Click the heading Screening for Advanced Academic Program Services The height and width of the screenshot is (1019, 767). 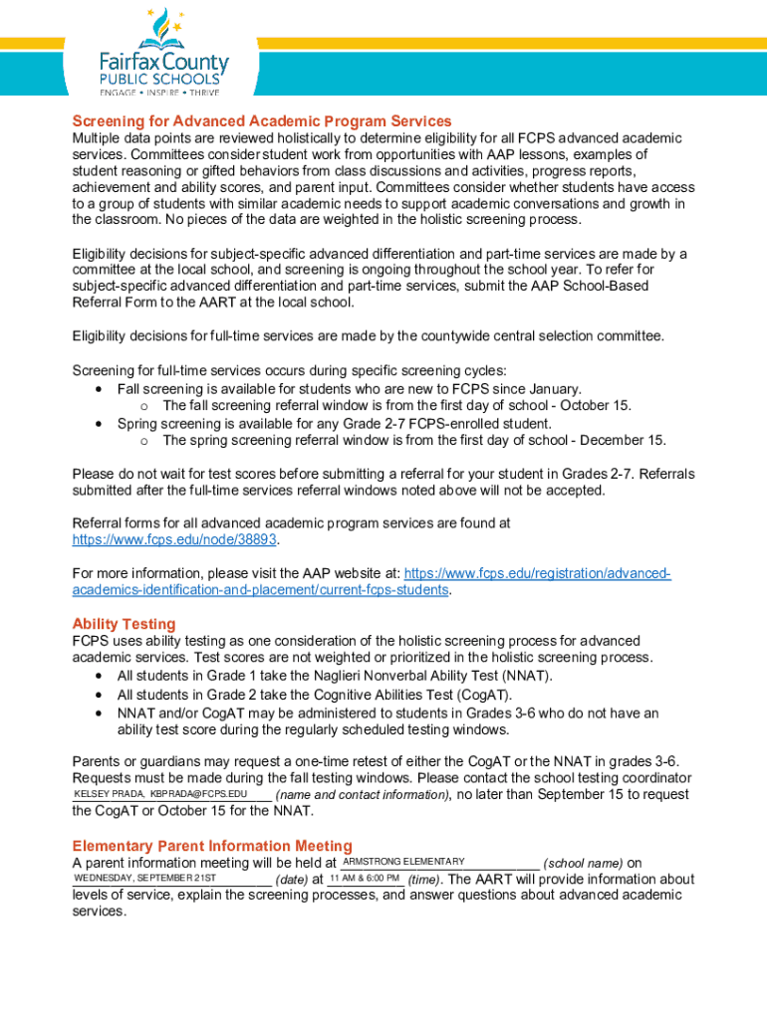point(262,121)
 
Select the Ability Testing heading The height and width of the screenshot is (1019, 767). point(124,624)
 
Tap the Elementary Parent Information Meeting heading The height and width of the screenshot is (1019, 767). point(212,846)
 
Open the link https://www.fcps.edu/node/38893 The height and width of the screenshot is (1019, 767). point(174,539)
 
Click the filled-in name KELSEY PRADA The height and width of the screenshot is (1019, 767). point(109,794)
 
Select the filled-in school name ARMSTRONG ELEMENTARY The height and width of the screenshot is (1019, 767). point(403,862)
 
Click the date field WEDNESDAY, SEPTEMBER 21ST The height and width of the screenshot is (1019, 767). point(144,879)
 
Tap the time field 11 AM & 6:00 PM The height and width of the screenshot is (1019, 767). point(365,879)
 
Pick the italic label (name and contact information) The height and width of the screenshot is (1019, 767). point(363,795)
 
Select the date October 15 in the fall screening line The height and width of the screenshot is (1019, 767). point(595,405)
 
